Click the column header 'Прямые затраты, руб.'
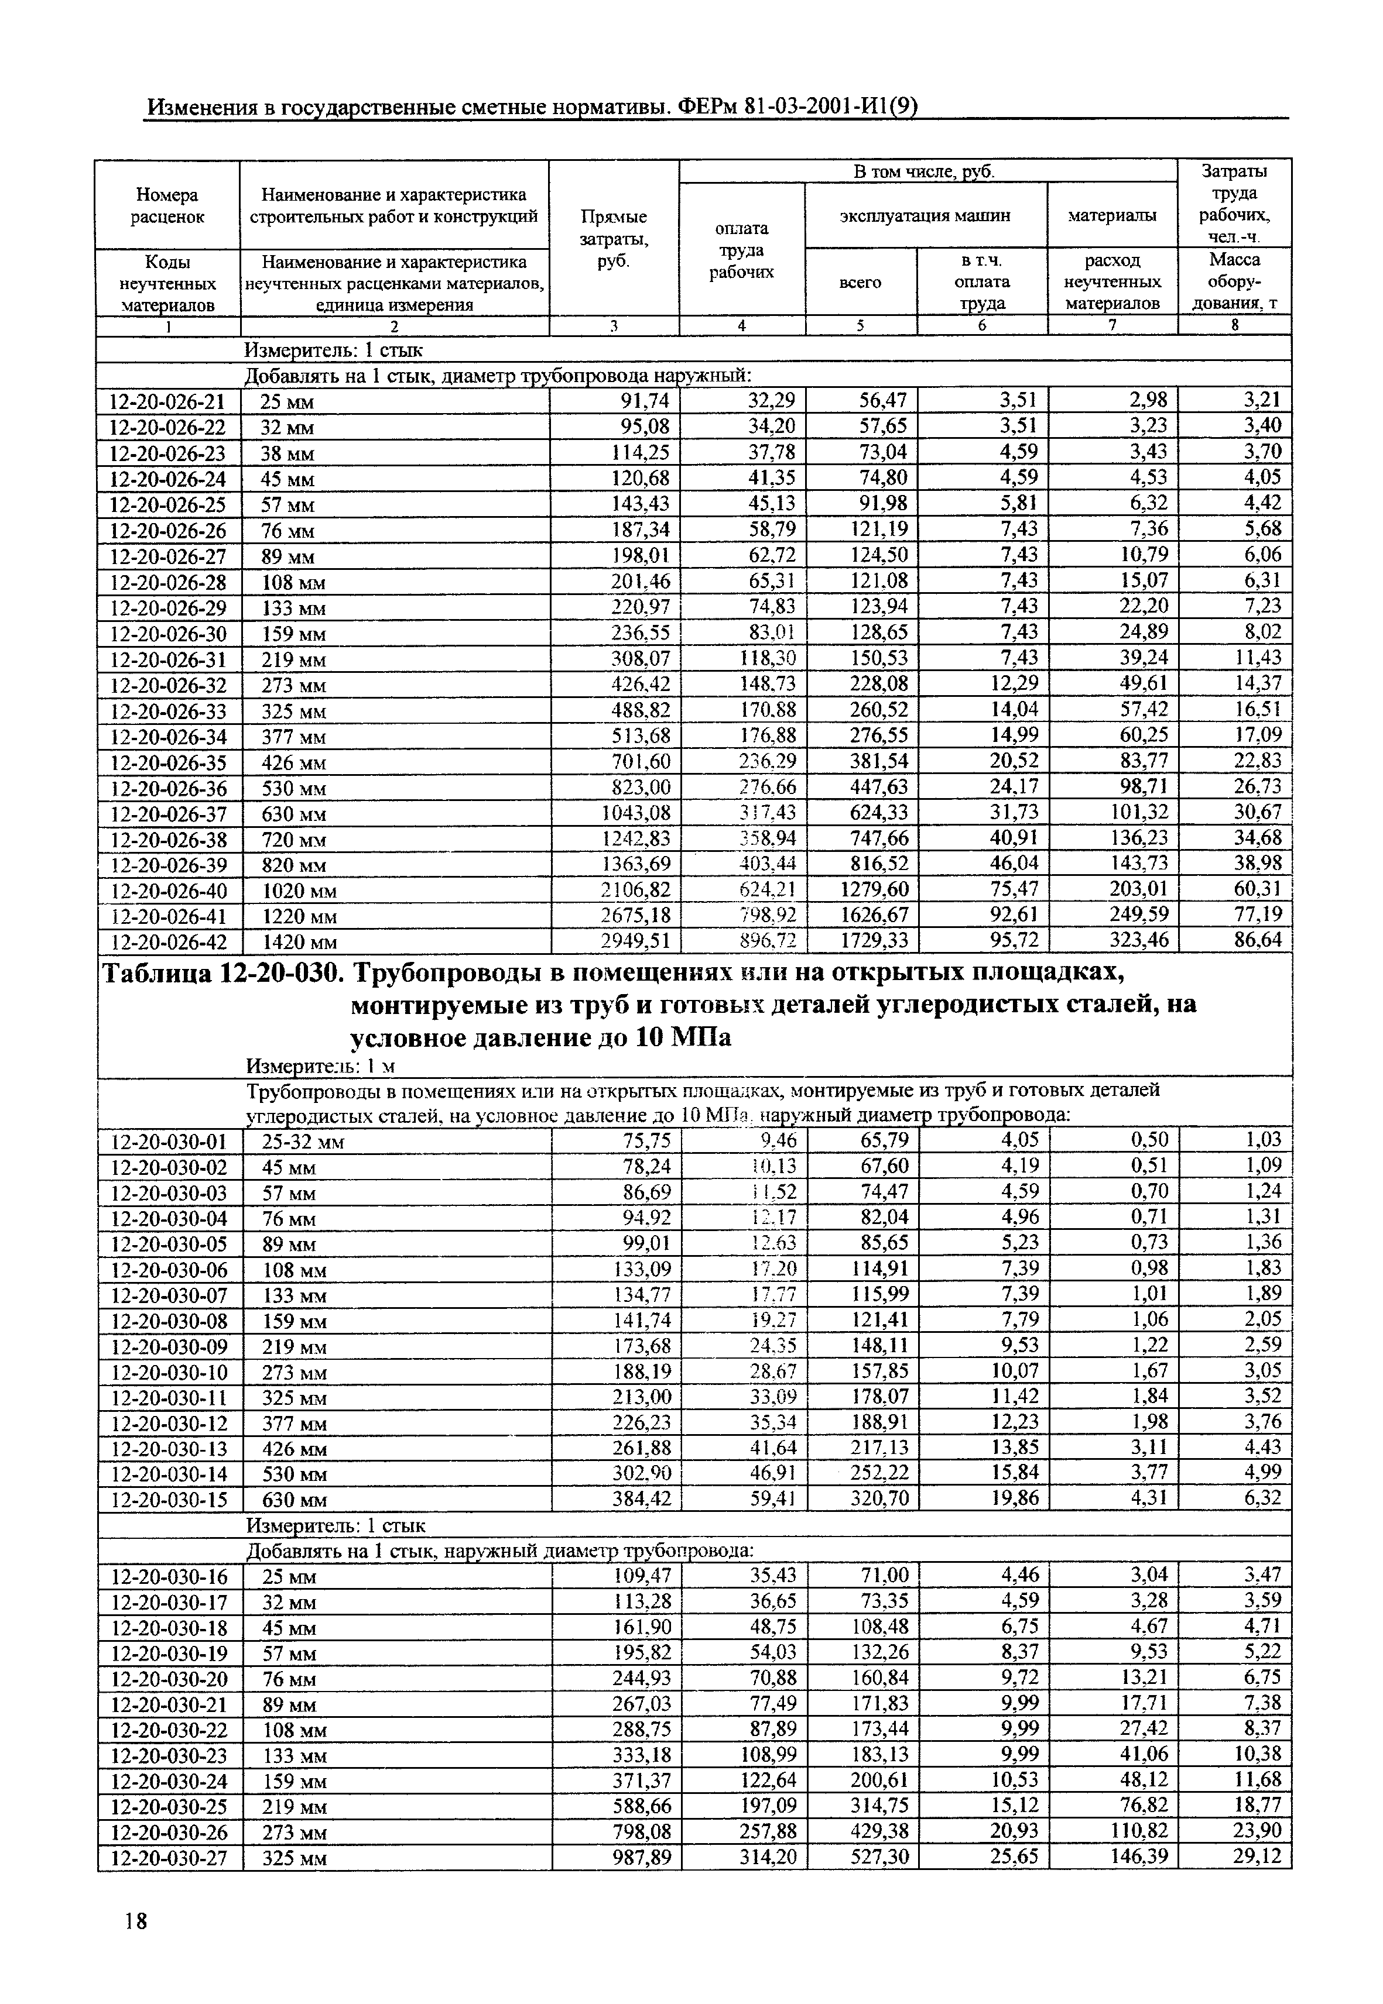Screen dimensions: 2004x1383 pyautogui.click(x=614, y=238)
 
